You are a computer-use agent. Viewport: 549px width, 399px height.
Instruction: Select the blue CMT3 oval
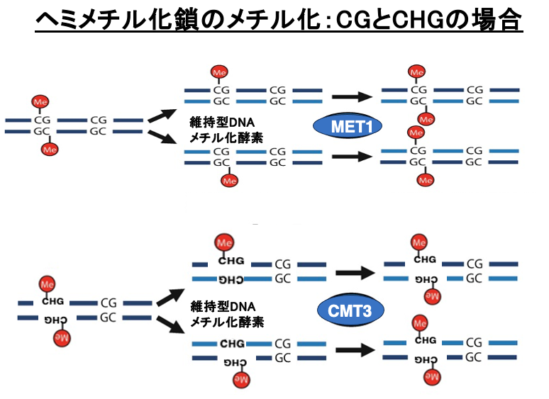click(350, 310)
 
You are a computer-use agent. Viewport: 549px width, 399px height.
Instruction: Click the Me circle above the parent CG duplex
click(41, 102)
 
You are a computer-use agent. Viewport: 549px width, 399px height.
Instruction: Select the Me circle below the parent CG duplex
click(49, 149)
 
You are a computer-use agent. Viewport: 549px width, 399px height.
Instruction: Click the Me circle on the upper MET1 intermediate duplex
click(219, 72)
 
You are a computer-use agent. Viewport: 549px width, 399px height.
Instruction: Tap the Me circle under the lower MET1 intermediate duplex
click(228, 181)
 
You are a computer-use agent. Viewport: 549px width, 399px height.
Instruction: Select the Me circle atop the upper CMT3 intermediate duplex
click(226, 244)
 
